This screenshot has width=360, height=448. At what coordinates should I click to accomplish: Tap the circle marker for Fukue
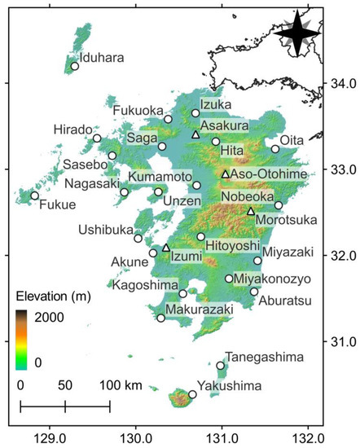(x=35, y=195)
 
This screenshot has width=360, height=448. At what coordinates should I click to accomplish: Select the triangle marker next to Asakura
(x=195, y=134)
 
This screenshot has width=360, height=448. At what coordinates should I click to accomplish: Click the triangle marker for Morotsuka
(x=251, y=211)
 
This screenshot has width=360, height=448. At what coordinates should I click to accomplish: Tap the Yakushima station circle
(x=192, y=394)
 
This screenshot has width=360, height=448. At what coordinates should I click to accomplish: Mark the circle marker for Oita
(x=275, y=149)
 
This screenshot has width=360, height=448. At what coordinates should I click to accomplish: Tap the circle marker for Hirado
(x=97, y=138)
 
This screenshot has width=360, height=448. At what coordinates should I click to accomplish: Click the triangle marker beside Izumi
(x=166, y=247)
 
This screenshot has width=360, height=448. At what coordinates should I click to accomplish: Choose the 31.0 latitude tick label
(x=340, y=340)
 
